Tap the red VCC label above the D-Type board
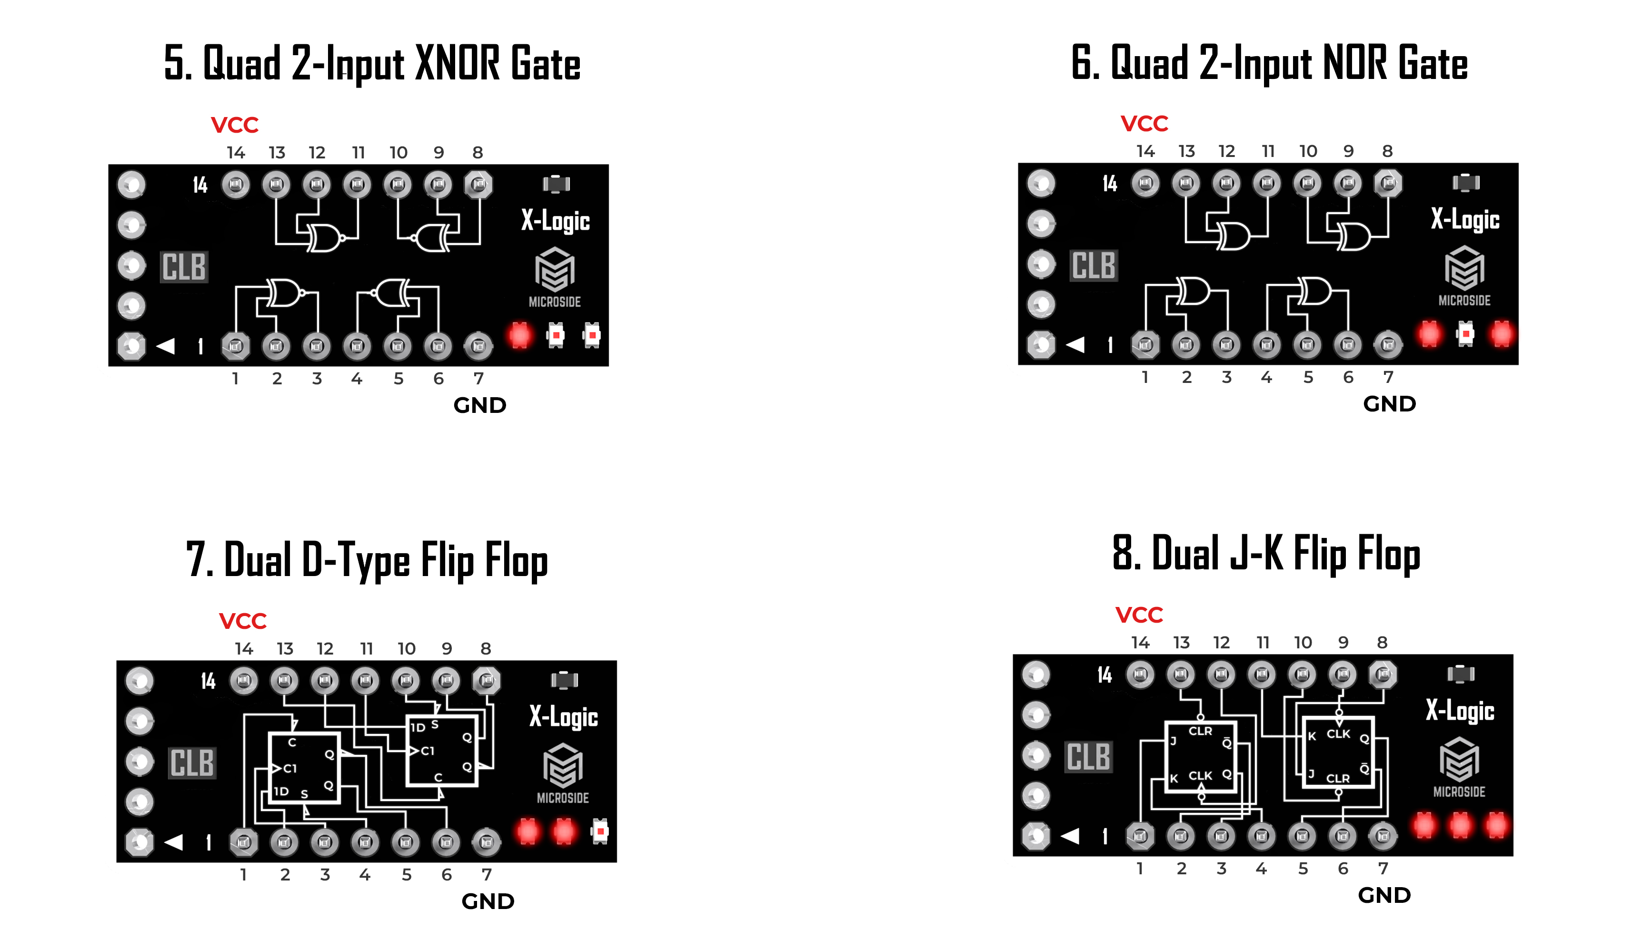coord(243,621)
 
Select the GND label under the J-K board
coord(1384,895)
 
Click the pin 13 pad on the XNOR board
coord(276,185)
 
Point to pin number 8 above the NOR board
coord(1387,151)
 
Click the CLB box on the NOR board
coord(1094,265)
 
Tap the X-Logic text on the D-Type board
coord(563,716)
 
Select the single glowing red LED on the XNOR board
coord(520,335)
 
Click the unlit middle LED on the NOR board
coord(1465,333)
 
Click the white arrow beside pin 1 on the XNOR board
coord(166,346)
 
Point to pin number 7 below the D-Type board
coord(487,874)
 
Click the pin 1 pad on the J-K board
coord(1140,836)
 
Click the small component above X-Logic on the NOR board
coord(1465,183)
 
